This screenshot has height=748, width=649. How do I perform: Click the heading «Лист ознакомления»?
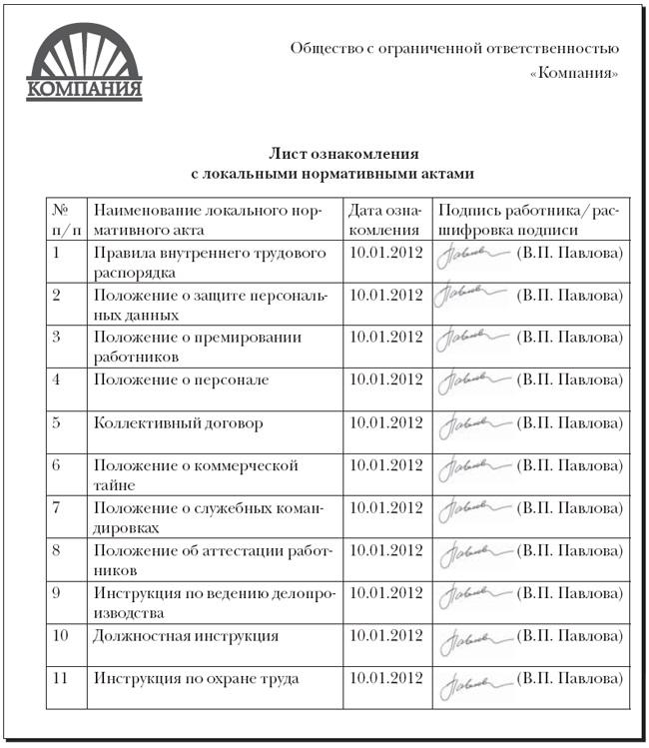pyautogui.click(x=343, y=154)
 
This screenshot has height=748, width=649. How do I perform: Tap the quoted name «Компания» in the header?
pyautogui.click(x=574, y=74)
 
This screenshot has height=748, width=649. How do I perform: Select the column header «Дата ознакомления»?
pyautogui.click(x=386, y=220)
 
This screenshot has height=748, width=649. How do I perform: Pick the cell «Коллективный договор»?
pyautogui.click(x=179, y=422)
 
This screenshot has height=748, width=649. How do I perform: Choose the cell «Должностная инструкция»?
pyautogui.click(x=186, y=635)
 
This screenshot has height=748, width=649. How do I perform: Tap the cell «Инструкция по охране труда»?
pyautogui.click(x=196, y=679)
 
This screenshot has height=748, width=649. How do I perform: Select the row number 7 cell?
pyautogui.click(x=57, y=508)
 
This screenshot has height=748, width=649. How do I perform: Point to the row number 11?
pyautogui.click(x=60, y=679)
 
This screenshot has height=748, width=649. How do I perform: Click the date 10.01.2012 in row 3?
pyautogui.click(x=386, y=337)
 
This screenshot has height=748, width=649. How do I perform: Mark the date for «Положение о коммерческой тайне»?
pyautogui.click(x=386, y=465)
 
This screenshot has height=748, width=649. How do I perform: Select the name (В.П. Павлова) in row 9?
pyautogui.click(x=570, y=593)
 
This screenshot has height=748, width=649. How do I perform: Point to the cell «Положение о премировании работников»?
pyautogui.click(x=198, y=346)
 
